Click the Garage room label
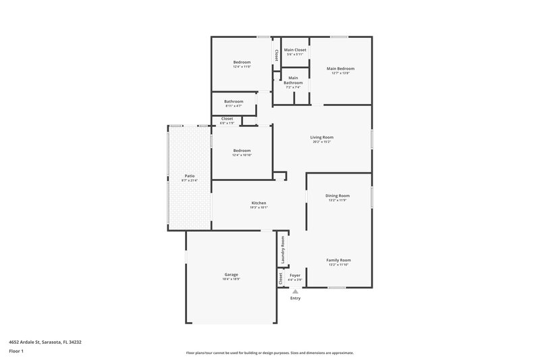point(231,274)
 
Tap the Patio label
point(189,176)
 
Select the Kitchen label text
point(259,203)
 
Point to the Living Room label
point(322,137)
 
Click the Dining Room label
point(338,195)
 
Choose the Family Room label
point(338,260)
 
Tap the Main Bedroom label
point(340,68)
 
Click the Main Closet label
point(295,50)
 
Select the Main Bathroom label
point(293,80)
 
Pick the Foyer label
point(295,275)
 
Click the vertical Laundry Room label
point(283,250)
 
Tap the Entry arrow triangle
point(295,291)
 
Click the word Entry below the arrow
point(295,298)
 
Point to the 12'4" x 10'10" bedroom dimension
point(242,155)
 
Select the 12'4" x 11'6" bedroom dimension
point(242,66)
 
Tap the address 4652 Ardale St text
point(46,342)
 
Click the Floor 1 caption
point(17,352)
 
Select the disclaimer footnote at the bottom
point(270,353)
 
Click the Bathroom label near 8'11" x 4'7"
point(234,101)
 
